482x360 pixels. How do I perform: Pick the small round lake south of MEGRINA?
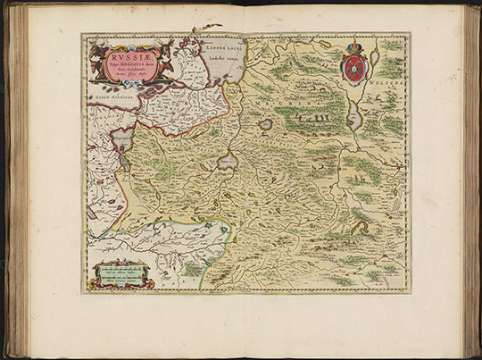[265, 125]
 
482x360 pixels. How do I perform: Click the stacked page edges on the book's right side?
[470, 179]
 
